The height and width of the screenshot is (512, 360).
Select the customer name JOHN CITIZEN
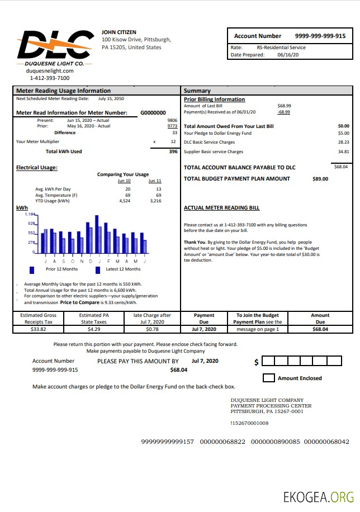pos(119,32)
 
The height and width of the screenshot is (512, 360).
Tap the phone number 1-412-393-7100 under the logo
pos(50,78)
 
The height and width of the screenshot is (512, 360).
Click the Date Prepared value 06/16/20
pos(288,55)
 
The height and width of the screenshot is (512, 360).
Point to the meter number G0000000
pos(153,112)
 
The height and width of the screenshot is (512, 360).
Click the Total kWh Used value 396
pos(173,151)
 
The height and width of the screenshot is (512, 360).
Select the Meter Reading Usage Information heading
pos(63,91)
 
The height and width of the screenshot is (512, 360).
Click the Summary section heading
pos(197,91)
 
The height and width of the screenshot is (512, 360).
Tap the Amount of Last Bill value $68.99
pos(284,106)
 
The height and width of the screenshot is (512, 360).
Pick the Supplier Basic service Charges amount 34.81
pos(343,151)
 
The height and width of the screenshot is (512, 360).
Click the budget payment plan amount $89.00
pos(320,179)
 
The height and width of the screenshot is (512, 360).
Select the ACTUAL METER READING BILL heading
pos(221,208)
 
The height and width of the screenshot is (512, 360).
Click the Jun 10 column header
pos(124,181)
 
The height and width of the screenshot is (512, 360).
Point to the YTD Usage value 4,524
pos(125,201)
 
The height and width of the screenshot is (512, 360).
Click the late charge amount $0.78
pos(152,329)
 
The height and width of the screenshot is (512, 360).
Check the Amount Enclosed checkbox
pos(268,378)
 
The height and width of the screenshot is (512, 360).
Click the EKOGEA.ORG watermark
pos(319,496)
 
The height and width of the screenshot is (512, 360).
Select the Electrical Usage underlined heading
pos(37,168)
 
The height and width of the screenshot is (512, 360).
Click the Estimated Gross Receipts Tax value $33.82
pos(39,329)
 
